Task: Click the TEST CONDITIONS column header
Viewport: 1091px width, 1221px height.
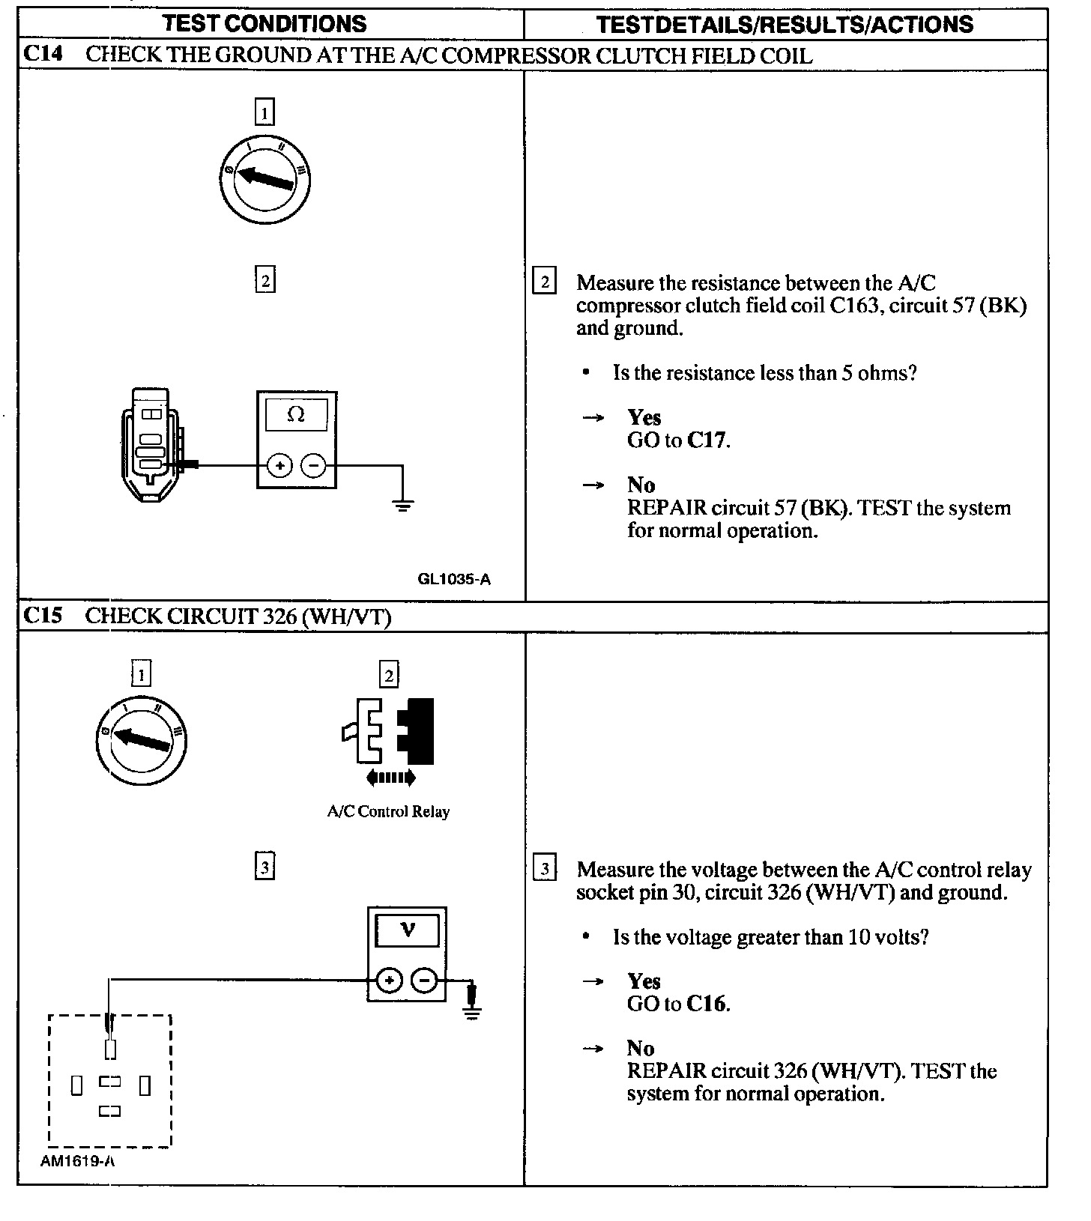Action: pyautogui.click(x=265, y=24)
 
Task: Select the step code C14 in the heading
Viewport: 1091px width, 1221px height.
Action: pyautogui.click(x=42, y=55)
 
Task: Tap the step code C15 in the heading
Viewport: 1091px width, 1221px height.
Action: pyautogui.click(x=42, y=616)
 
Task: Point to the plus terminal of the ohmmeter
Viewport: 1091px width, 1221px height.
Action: pyautogui.click(x=279, y=466)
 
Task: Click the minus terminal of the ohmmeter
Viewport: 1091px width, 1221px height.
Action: pyautogui.click(x=313, y=466)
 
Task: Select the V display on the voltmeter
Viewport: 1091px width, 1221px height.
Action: pyautogui.click(x=407, y=930)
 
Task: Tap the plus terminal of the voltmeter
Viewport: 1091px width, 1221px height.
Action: pyautogui.click(x=389, y=980)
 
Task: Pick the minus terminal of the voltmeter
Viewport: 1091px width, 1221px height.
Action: pyautogui.click(x=424, y=980)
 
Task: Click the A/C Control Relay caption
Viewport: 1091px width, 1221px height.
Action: pyautogui.click(x=388, y=811)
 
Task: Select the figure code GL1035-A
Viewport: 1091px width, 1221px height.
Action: pyautogui.click(x=454, y=578)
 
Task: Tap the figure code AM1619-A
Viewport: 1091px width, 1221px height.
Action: pyautogui.click(x=78, y=1161)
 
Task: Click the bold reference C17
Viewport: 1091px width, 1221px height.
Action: pyautogui.click(x=707, y=440)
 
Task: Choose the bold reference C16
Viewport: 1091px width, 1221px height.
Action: pyautogui.click(x=707, y=1004)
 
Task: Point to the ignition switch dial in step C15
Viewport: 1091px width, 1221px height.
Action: pyautogui.click(x=141, y=739)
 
